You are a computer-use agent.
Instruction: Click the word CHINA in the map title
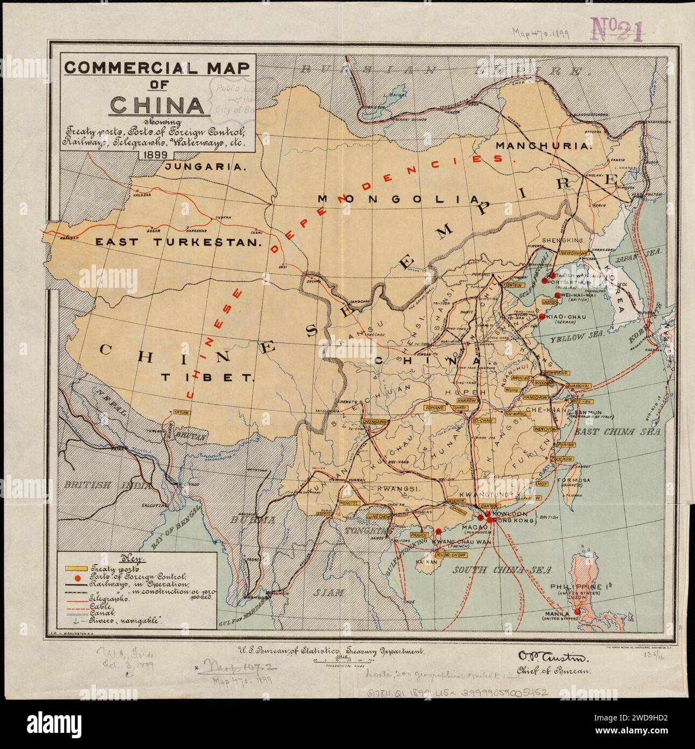click(157, 105)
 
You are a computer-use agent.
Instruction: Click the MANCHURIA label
click(544, 145)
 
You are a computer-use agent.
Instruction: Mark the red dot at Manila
click(577, 612)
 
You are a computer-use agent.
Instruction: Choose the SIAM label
click(329, 592)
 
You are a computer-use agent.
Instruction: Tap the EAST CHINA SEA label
click(617, 432)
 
